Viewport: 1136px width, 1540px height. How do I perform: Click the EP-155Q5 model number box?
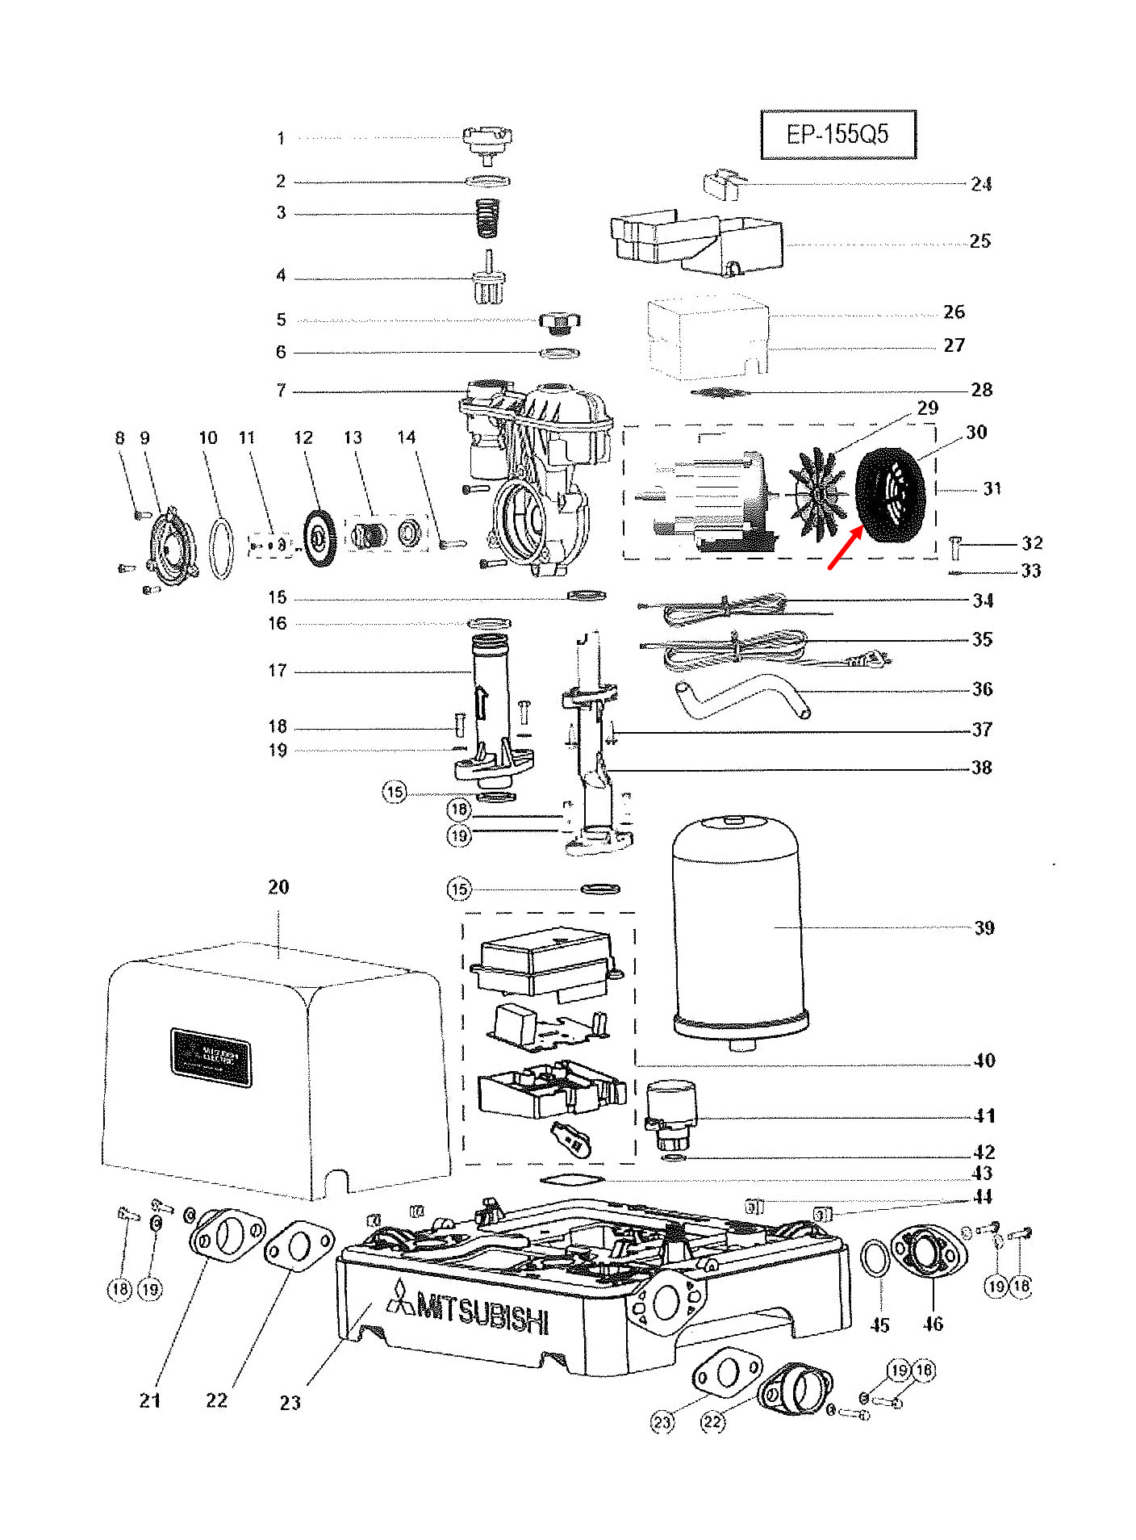[837, 134]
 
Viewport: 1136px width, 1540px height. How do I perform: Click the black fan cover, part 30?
[890, 495]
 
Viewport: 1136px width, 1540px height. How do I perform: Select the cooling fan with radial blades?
[816, 493]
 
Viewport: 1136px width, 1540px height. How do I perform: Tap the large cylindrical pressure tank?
[737, 932]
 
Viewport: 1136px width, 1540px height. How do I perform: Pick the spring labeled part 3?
[487, 216]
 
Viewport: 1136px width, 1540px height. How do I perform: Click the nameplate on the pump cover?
[211, 1057]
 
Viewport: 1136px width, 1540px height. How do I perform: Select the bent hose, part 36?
[739, 697]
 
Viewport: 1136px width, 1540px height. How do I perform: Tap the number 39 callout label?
[984, 928]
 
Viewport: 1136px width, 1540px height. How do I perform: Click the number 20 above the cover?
[278, 887]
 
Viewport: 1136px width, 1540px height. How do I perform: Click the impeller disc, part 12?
[320, 538]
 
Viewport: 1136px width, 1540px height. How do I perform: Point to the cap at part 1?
[487, 142]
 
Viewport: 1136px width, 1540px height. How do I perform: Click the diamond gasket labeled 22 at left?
[299, 1248]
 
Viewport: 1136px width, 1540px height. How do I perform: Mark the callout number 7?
[281, 391]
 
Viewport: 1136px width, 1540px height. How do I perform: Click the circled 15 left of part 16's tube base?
[395, 792]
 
